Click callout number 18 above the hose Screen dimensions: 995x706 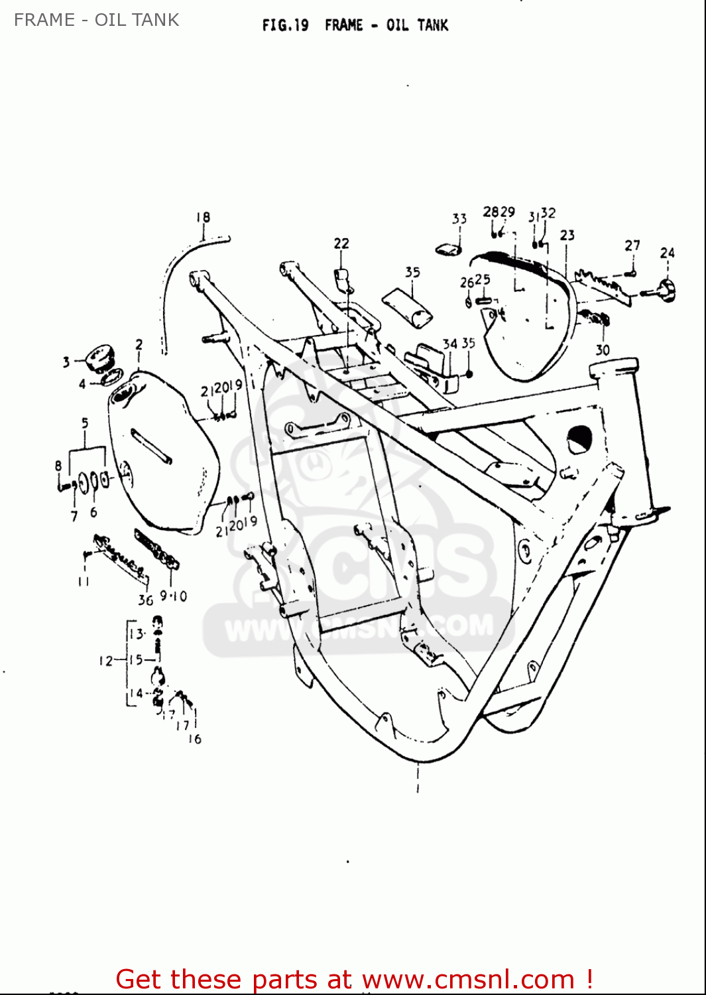203,217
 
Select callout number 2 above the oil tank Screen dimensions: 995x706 139,344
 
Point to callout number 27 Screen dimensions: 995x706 632,245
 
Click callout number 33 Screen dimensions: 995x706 459,218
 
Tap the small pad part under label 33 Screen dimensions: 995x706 449,249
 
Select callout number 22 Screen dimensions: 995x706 341,243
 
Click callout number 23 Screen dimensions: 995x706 567,235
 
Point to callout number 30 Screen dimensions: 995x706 602,350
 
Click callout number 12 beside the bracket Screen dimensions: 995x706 106,661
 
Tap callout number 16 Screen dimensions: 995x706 194,739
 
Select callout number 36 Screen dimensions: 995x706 145,600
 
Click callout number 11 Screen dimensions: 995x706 84,582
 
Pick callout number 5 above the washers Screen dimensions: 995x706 85,423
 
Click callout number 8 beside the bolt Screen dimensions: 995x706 58,466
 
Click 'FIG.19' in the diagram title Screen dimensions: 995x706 285,25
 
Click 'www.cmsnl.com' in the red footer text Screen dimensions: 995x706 468,979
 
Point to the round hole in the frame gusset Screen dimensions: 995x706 579,439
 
